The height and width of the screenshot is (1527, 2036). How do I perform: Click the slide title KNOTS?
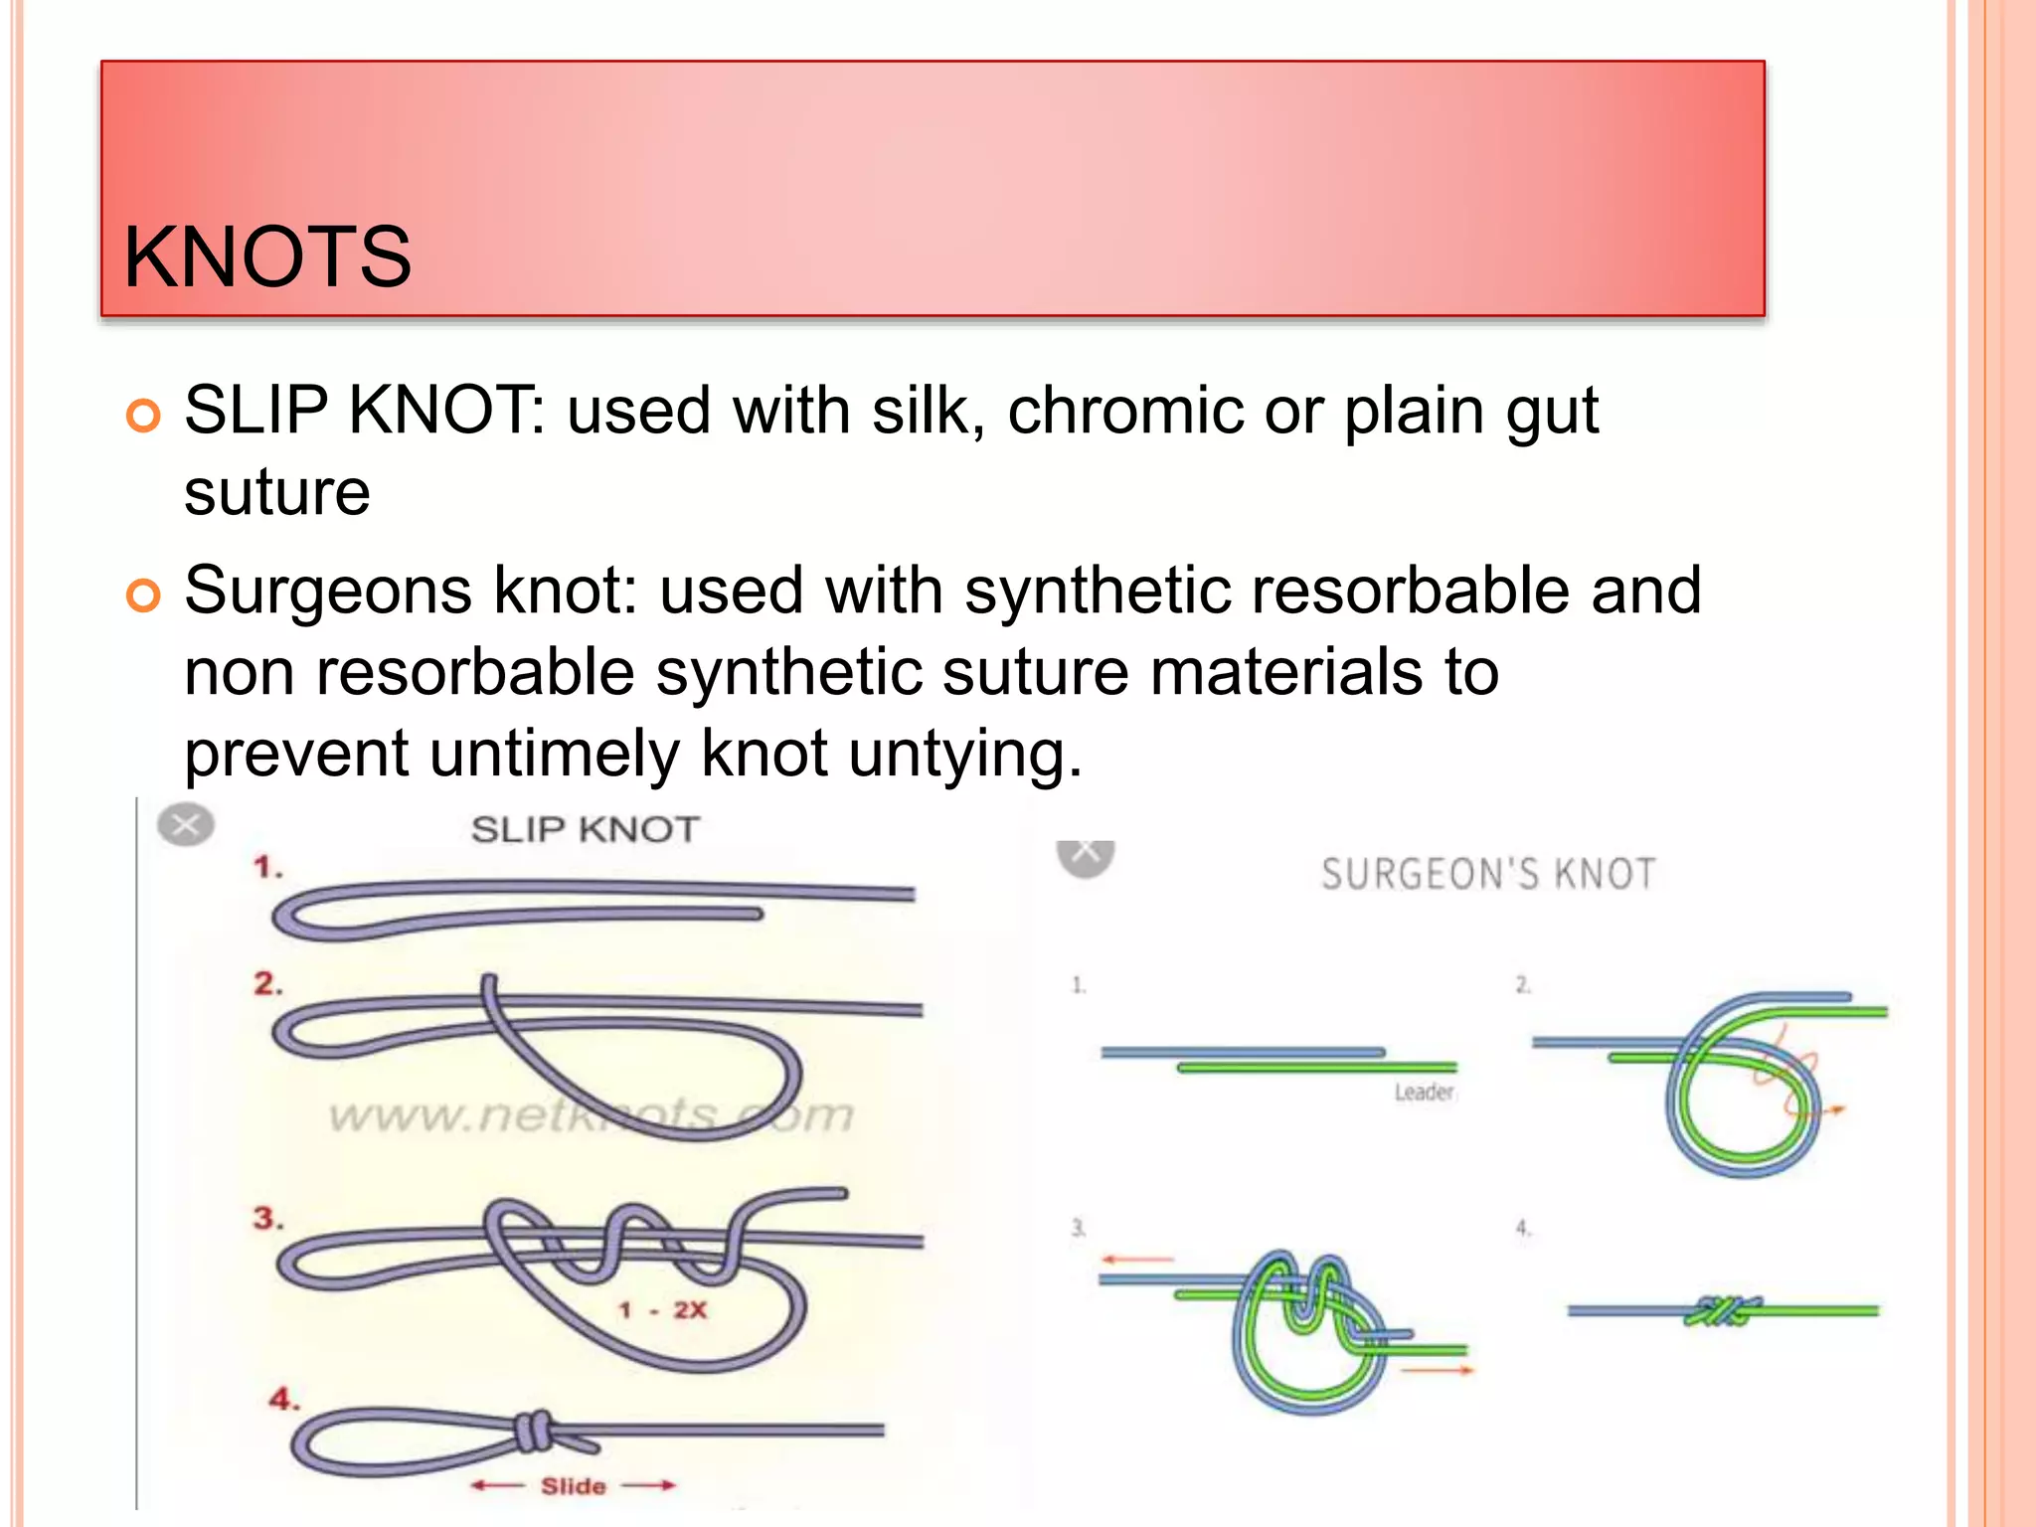pos(266,256)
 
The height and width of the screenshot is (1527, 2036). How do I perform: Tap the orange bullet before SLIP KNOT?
pos(144,416)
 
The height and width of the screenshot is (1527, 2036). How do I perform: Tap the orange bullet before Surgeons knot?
pos(144,595)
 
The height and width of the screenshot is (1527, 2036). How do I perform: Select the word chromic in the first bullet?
pos(1124,410)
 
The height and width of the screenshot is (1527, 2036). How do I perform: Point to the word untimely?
pos(554,753)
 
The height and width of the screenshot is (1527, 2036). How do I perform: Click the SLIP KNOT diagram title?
pos(585,829)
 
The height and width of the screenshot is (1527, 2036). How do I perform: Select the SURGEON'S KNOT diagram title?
pos(1488,874)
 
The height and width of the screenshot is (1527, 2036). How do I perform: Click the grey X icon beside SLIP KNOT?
pos(186,824)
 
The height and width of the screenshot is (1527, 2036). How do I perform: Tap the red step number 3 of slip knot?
pos(266,1218)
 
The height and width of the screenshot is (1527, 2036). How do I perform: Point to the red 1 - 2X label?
pos(663,1309)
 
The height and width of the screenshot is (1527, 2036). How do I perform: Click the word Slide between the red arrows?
pos(573,1485)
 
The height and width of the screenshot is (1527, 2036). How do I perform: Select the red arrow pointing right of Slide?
pos(651,1485)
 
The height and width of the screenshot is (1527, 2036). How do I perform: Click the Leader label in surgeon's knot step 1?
pos(1424,1092)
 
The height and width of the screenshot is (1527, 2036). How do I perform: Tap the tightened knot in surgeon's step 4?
pos(1722,1311)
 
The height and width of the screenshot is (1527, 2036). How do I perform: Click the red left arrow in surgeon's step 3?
pos(1136,1260)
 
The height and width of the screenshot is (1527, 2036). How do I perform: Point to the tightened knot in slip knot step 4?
pos(534,1432)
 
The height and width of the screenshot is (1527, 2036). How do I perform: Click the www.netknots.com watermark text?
pos(591,1115)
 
